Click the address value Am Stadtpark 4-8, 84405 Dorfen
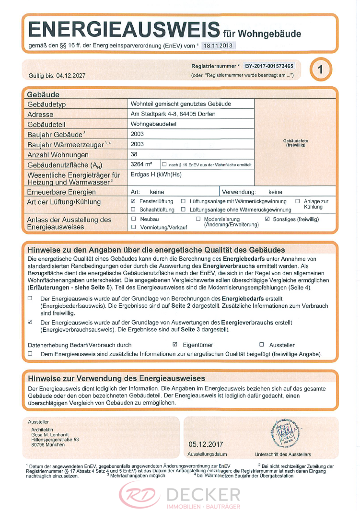[x=173, y=114]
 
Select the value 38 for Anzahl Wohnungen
[x=134, y=154]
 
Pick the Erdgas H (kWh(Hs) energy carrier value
[x=156, y=174]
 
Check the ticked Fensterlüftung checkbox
[x=133, y=201]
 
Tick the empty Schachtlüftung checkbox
[x=133, y=209]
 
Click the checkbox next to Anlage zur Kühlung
[x=298, y=201]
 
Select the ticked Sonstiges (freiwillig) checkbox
[x=267, y=219]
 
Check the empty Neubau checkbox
[x=133, y=219]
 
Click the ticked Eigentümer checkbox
[x=175, y=345]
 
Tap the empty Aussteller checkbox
[x=262, y=345]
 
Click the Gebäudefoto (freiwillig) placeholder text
[x=295, y=142]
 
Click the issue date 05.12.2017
[x=206, y=444]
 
